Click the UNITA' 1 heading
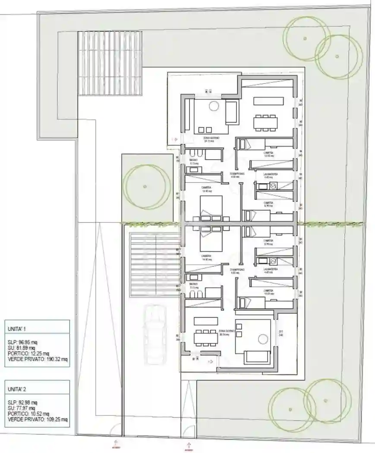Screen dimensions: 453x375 click(x=17, y=328)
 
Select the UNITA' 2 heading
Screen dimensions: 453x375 click(x=17, y=389)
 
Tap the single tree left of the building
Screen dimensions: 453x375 click(x=145, y=186)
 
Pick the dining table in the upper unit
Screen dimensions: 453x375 click(x=265, y=122)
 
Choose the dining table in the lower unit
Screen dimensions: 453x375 click(x=205, y=337)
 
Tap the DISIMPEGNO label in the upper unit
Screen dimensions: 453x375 click(x=237, y=173)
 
